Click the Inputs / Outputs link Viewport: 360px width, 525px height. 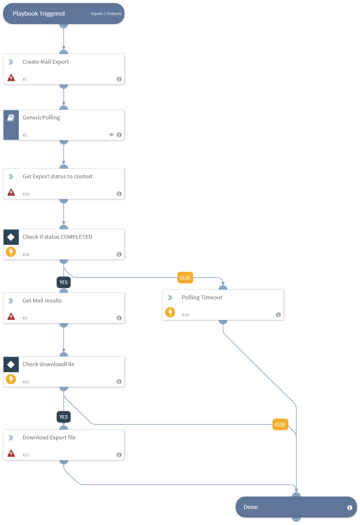pos(106,14)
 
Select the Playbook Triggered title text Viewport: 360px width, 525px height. pos(39,14)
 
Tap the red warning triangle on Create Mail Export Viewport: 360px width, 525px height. pos(11,78)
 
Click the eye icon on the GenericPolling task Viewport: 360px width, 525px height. pos(112,135)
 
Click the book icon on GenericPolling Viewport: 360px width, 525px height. pos(11,118)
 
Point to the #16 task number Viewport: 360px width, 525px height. pos(26,194)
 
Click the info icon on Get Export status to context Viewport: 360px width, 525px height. pos(119,194)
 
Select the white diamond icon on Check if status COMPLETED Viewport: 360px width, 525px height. pos(11,237)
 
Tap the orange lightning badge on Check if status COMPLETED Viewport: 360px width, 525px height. pos(11,252)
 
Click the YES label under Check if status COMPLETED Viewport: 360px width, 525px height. pos(64,282)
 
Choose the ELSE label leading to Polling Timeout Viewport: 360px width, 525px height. pos(185,278)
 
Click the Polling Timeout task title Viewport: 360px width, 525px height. pos(202,297)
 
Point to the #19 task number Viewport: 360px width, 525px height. pos(185,315)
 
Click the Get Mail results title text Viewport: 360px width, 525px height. pos(42,301)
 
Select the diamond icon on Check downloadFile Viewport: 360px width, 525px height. pos(11,365)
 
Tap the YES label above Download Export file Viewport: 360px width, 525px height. pos(64,417)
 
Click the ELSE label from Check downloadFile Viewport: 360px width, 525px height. pos(280,425)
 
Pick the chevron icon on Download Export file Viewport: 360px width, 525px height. pos(11,438)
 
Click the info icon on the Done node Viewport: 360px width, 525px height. pos(350,507)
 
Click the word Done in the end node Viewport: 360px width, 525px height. pos(251,507)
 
